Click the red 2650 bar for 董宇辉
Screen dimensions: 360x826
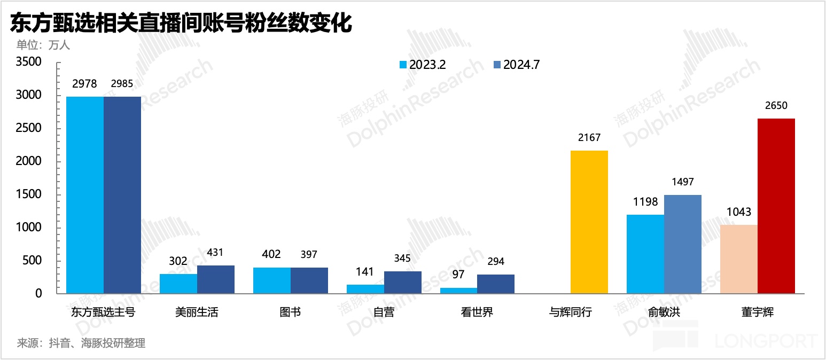coord(776,206)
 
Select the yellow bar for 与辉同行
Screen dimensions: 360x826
coord(589,222)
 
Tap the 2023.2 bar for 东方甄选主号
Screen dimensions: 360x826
coord(85,195)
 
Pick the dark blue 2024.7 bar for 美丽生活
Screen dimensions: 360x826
coord(216,279)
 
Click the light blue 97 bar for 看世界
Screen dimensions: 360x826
coord(458,291)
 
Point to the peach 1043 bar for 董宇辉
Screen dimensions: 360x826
coord(739,259)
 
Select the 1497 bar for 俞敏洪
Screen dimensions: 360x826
coord(683,244)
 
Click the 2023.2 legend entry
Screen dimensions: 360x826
coord(423,65)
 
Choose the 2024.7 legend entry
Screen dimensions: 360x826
coord(516,65)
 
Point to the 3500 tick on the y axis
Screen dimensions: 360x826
coord(29,62)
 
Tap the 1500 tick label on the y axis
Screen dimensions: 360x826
coord(29,194)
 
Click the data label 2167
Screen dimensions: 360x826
coord(589,138)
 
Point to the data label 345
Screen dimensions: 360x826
coord(402,259)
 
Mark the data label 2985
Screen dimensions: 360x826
coord(122,84)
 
